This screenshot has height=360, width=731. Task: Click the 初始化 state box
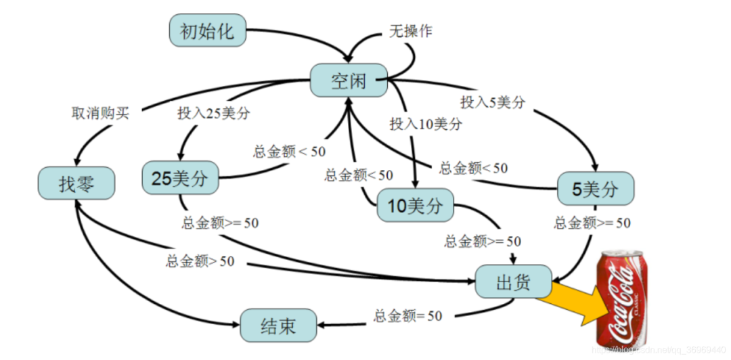click(206, 31)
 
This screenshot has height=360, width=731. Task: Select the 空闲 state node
click(349, 81)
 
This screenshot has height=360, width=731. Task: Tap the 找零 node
click(76, 184)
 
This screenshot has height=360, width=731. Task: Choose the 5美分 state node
click(595, 189)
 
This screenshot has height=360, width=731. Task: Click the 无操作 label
click(410, 31)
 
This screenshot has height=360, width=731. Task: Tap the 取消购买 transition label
click(99, 113)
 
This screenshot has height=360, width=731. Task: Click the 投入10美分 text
click(426, 124)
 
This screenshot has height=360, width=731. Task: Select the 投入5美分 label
click(493, 102)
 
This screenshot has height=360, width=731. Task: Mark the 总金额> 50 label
click(200, 261)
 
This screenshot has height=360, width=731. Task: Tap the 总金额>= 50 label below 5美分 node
click(592, 223)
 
